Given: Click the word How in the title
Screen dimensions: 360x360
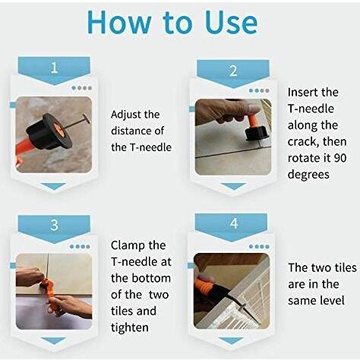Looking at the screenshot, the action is point(119,22).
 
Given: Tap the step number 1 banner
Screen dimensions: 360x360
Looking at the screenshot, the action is point(54,71).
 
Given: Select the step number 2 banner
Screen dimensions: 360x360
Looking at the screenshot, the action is point(233,74).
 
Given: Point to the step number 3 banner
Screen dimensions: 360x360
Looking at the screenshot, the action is point(54,229).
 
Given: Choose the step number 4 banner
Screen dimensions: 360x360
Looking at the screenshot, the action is point(231,227).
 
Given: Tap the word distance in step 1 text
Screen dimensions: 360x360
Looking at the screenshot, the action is point(130,131).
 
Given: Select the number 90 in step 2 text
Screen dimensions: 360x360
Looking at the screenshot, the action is point(340,158).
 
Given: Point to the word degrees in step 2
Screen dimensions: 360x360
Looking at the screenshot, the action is point(308,175).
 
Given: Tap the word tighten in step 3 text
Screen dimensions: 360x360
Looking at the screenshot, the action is point(129,328).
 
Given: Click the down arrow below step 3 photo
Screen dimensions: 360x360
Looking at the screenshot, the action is point(54,341).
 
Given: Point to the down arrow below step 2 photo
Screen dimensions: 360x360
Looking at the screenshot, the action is point(233,186).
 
